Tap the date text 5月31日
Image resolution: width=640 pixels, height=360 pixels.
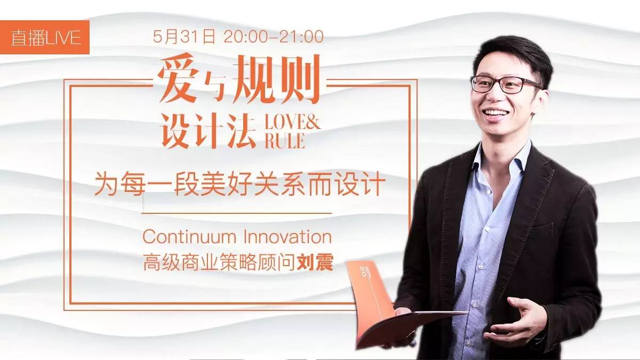[x=183, y=37]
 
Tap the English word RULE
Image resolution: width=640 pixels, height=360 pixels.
[x=285, y=141]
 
